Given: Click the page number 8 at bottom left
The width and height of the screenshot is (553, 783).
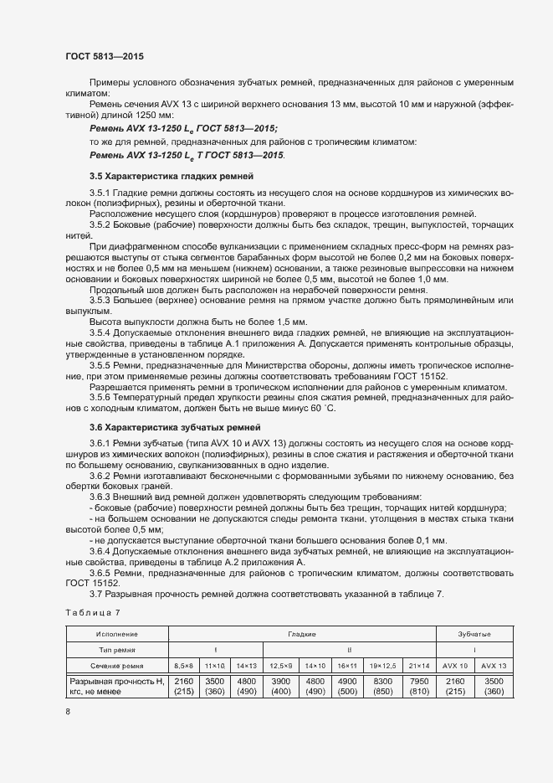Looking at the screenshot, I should [68, 712].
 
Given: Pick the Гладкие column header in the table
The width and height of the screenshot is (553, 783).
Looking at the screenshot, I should [302, 634].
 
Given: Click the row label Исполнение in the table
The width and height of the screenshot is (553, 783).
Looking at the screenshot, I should [117, 634].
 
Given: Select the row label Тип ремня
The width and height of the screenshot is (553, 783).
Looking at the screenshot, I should [117, 649].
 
